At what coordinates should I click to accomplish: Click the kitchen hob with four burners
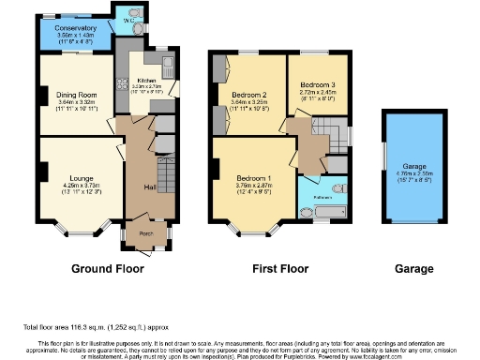coord(122,81)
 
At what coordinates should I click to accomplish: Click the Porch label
coord(146,232)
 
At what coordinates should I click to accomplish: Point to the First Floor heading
coord(281,269)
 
